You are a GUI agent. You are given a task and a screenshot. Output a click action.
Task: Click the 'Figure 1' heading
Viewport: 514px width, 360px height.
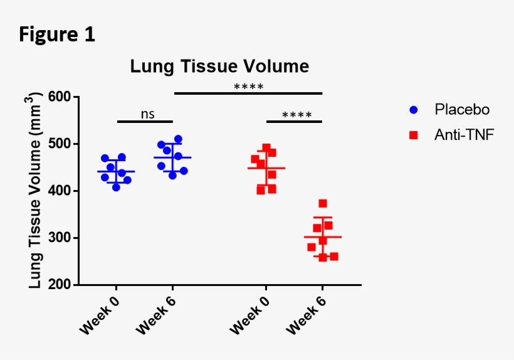[x=57, y=34]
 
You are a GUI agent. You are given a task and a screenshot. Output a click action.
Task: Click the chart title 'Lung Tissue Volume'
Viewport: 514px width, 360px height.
[x=219, y=66]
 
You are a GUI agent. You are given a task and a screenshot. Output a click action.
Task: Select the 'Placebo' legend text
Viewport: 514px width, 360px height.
[x=462, y=110]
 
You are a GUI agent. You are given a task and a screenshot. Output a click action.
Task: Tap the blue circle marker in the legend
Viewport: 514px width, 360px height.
[x=413, y=110]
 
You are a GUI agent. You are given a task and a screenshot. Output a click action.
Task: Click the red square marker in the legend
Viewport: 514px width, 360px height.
[x=413, y=134]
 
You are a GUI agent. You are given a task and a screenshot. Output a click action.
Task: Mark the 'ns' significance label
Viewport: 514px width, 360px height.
[x=147, y=114]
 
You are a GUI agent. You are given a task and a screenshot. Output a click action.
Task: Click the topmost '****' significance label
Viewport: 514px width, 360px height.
[x=248, y=87]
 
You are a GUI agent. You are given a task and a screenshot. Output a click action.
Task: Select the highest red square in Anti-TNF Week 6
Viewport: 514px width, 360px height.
[x=323, y=203]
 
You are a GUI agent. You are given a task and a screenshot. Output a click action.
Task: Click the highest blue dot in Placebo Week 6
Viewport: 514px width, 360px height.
[x=178, y=139]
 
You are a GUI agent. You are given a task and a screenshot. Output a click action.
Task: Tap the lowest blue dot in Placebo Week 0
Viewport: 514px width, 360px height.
[x=116, y=187]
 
